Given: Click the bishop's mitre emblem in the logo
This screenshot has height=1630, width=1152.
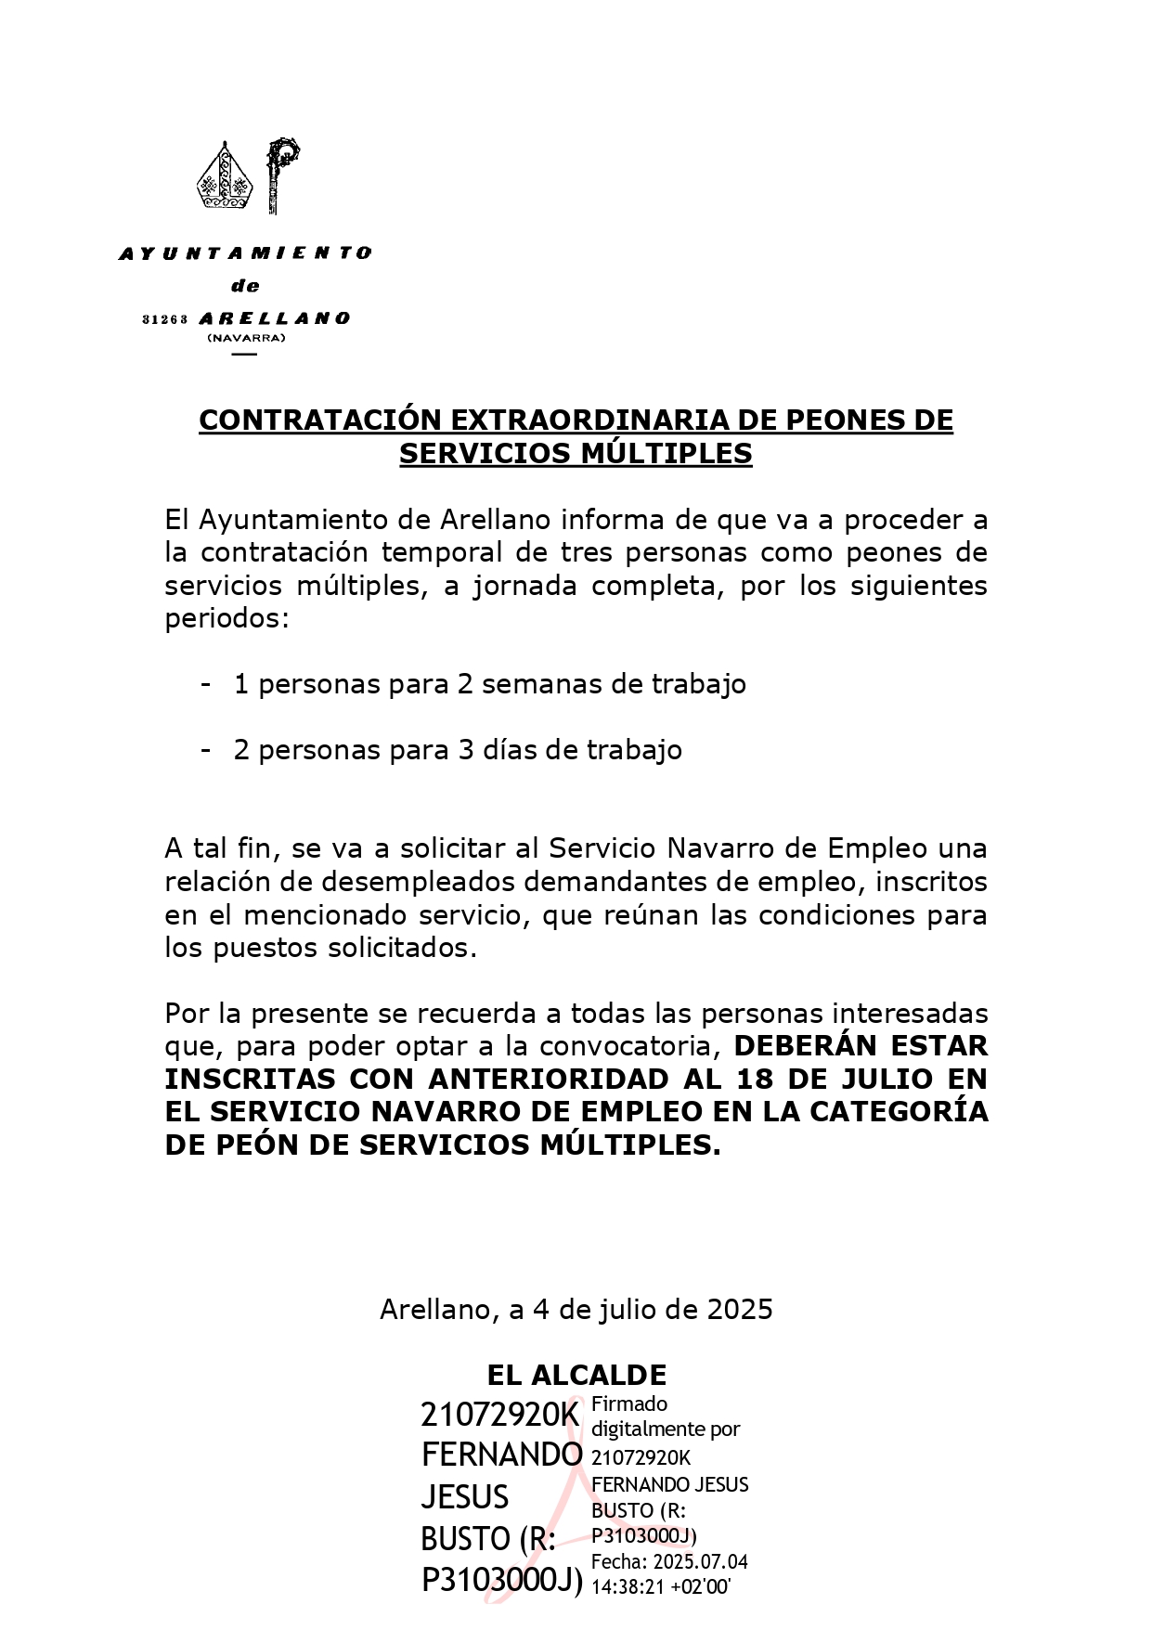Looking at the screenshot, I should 225,176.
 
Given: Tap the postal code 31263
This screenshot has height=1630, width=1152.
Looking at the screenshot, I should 165,319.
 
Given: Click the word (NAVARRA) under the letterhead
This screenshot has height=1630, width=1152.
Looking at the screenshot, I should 246,338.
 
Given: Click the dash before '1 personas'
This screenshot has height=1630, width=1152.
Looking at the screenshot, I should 206,684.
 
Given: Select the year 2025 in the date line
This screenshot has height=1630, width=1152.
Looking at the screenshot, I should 740,1310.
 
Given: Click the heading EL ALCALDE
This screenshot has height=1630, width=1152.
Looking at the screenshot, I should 576,1375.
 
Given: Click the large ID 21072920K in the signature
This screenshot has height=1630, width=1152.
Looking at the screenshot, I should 499,1415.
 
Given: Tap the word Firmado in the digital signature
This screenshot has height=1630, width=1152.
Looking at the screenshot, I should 629,1404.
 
